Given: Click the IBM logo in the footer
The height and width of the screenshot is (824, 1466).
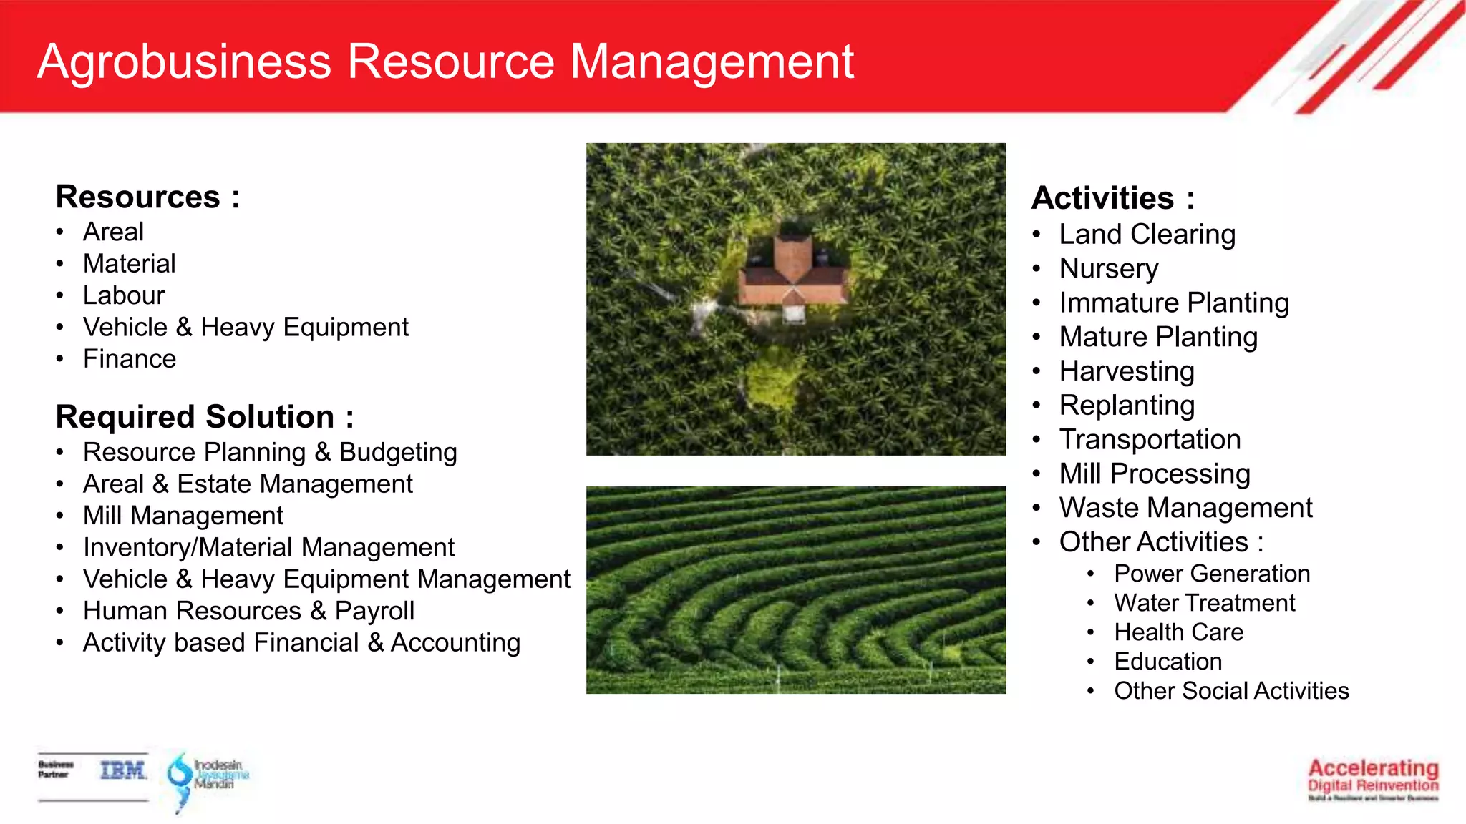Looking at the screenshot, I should tap(122, 770).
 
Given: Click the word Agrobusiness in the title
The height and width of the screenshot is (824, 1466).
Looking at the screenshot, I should tap(184, 62).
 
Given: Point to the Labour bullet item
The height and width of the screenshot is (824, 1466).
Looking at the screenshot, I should tap(124, 295).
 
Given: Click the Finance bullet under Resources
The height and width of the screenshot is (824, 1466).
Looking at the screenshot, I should tap(130, 359).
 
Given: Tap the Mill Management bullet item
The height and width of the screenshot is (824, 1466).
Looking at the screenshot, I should tap(183, 516).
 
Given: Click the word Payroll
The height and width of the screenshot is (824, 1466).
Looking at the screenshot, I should tap(374, 611).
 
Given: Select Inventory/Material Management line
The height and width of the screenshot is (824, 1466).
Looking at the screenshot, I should tap(268, 547).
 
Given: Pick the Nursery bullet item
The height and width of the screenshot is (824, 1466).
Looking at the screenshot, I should tap(1109, 269).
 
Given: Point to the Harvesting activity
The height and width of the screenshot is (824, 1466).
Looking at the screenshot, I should tap(1127, 371).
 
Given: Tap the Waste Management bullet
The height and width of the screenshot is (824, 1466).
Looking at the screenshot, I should tap(1185, 508).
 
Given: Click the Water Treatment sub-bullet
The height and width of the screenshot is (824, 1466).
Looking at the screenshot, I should tap(1204, 603).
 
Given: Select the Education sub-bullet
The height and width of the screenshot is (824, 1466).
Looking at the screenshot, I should tap(1168, 662).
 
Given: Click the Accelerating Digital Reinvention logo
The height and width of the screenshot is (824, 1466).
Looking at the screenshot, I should tap(1372, 779).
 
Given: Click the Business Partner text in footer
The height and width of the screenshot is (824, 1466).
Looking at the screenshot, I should tap(56, 770).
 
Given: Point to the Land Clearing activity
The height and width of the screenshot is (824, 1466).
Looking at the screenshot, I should tap(1147, 235).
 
